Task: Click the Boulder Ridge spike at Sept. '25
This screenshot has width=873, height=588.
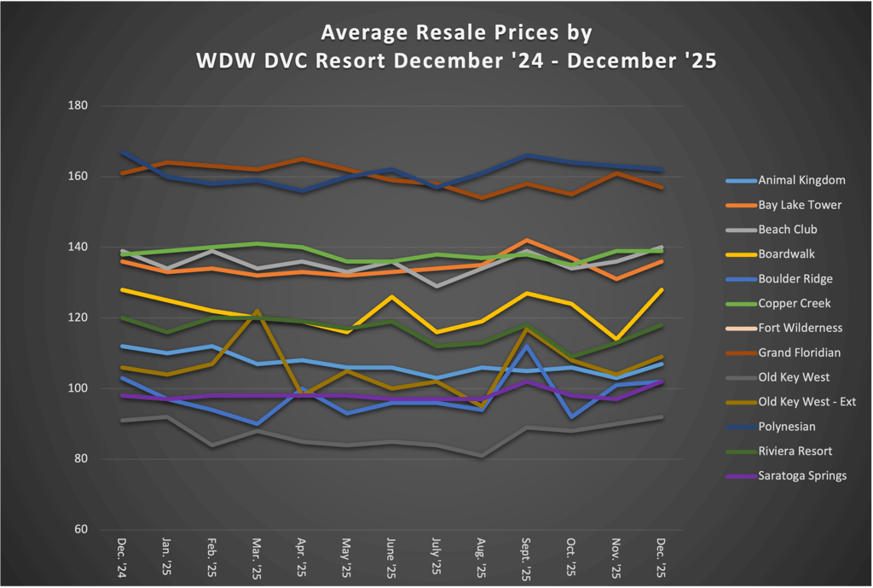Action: [527, 346]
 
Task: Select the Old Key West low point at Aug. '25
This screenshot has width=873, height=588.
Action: [482, 456]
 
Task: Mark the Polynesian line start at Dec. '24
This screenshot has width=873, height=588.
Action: [124, 152]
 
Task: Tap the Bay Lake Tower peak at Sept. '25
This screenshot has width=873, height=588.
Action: [527, 241]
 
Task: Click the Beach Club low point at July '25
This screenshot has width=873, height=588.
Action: [437, 286]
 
